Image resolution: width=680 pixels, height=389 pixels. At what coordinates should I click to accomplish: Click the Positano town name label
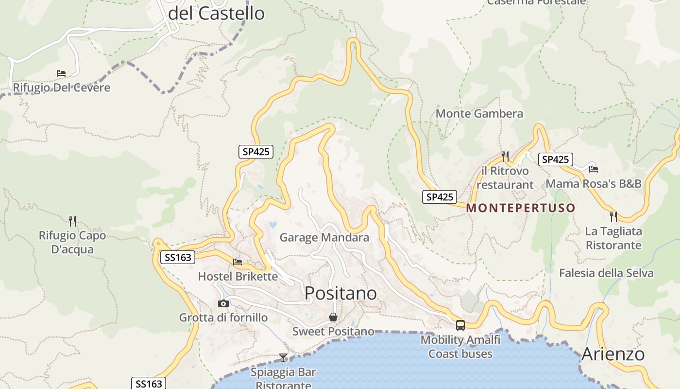[340, 293]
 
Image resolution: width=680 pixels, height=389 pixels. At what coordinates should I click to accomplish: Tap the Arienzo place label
[613, 354]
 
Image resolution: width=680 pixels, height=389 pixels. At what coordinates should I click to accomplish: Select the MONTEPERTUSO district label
[521, 208]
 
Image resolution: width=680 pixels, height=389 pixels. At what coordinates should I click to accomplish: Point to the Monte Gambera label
[479, 114]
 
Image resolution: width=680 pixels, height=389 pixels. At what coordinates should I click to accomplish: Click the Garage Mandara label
[324, 238]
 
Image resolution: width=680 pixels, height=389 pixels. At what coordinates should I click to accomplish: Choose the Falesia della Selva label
[606, 273]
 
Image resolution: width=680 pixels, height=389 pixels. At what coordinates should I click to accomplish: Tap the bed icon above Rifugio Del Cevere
[61, 73]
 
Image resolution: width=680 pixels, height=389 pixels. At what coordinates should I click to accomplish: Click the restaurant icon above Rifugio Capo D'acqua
[72, 221]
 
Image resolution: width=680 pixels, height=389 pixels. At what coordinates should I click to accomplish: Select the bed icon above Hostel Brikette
[238, 262]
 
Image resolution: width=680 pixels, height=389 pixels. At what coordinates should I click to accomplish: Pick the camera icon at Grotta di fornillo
[223, 303]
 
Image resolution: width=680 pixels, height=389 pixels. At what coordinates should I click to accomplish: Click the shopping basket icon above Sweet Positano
[333, 317]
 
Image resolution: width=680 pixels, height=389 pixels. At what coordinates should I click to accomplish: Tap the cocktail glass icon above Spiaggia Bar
[283, 358]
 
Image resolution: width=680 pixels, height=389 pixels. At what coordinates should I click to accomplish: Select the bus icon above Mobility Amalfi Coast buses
[460, 325]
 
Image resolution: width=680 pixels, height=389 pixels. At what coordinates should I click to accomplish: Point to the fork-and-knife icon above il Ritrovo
[505, 156]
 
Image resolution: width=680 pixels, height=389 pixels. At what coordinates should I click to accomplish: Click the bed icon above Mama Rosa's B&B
[593, 169]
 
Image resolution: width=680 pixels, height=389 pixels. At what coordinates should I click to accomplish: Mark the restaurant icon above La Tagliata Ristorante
[613, 216]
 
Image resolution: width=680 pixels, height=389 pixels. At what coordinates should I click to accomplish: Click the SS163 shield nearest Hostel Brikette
[178, 257]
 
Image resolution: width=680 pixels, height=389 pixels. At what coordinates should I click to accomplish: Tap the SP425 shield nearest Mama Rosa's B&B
[555, 159]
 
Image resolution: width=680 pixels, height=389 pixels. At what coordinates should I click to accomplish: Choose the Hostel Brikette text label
[238, 277]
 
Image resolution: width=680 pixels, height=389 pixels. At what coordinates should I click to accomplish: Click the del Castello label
[216, 13]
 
